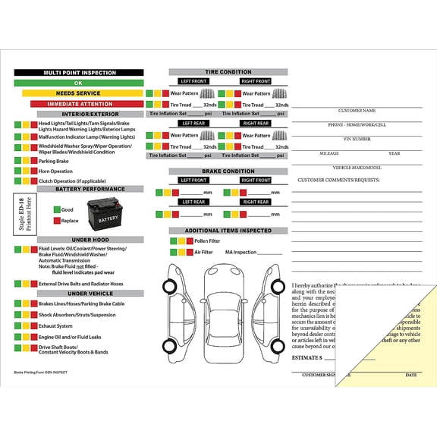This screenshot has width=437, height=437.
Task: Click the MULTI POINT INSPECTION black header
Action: coord(78,73)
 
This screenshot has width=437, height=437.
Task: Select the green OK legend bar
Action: coord(78,83)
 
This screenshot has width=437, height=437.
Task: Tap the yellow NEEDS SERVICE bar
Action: coord(78,93)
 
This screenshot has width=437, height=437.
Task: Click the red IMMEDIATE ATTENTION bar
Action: coord(78,104)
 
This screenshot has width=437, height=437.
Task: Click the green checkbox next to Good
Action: coord(56,209)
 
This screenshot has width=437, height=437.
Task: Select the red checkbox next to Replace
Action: coord(56,221)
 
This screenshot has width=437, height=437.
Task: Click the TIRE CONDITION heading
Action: coord(228,72)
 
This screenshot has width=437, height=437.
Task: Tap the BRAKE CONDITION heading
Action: coord(228,171)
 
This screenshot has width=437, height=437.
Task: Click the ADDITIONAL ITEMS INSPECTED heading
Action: coord(228,231)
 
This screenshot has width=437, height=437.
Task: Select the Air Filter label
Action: coord(203,253)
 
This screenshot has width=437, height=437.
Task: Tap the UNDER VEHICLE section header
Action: coord(90,294)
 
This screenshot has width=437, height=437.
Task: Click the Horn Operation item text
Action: coord(56,171)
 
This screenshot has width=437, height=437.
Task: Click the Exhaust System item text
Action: coord(56,326)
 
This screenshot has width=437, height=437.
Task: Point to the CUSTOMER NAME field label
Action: coord(357,111)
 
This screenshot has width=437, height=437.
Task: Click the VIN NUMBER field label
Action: coord(357,139)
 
